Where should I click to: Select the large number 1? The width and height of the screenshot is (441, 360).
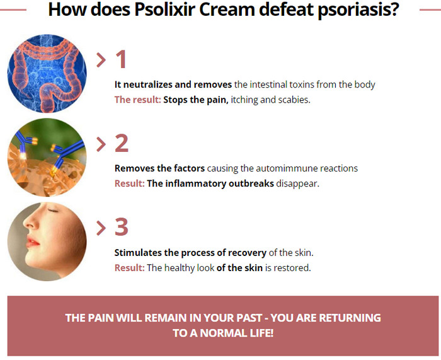(x=121, y=59)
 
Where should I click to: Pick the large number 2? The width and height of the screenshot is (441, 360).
(x=122, y=143)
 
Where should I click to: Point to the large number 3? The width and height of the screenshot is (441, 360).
(x=122, y=226)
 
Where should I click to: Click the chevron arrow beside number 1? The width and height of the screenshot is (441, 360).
(x=101, y=60)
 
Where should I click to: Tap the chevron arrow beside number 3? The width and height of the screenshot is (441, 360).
(x=101, y=228)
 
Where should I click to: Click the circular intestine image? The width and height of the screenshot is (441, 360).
(x=47, y=74)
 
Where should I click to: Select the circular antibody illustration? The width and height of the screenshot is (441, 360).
(x=47, y=158)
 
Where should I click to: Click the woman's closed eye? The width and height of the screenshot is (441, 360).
(x=52, y=210)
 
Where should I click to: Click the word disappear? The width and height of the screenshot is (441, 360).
(x=297, y=184)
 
